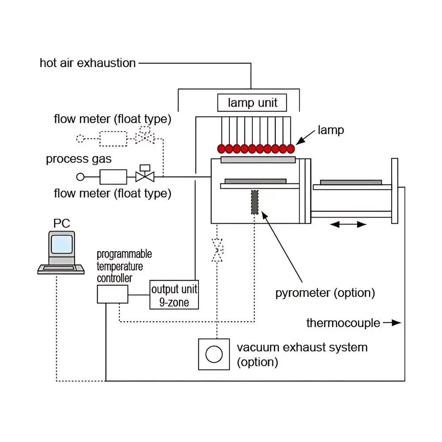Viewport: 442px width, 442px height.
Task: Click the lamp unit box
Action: [x=252, y=103]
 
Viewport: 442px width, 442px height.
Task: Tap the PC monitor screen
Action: [x=61, y=244]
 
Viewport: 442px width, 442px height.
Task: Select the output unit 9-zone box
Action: [x=174, y=295]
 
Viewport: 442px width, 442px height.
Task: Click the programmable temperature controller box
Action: [x=112, y=294]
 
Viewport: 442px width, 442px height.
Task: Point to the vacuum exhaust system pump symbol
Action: [x=214, y=354]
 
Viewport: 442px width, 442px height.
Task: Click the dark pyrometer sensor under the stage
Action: [x=255, y=202]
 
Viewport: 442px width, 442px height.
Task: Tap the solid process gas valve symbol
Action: [x=145, y=177]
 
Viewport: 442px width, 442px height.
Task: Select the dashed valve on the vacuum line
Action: [x=217, y=250]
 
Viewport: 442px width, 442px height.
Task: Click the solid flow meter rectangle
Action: [x=113, y=177]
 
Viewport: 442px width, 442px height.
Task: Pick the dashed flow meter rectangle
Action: [x=113, y=139]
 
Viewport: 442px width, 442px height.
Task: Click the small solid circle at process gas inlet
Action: [x=80, y=177]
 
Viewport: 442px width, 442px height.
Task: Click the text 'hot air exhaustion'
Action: [x=88, y=63]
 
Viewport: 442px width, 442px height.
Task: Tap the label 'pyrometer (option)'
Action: [x=325, y=293]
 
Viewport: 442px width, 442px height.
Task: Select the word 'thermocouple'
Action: [x=343, y=323]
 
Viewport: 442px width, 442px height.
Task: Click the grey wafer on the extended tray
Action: [x=351, y=182]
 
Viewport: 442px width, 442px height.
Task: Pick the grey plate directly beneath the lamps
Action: [x=258, y=160]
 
